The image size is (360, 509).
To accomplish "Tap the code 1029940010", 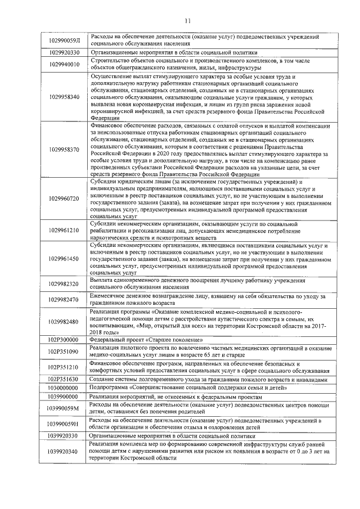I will pos(64,65).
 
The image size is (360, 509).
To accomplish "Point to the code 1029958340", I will pos(64,97).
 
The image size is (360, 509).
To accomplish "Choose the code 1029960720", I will pos(64,199).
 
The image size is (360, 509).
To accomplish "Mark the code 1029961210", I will pos(64,231).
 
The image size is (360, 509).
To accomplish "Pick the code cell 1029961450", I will pos(64,258).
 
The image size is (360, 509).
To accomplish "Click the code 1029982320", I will pos(64,283).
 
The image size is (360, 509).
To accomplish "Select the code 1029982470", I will pos(64,300).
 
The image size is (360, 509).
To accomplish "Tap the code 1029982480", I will pos(64,322).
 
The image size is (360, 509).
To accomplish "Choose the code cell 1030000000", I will pos(64,388).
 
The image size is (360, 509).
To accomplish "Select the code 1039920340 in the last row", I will pos(64,451).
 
